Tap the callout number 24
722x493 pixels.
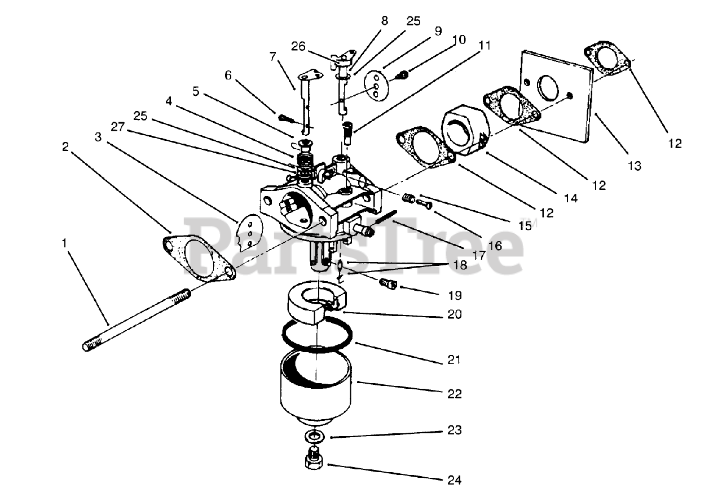[454, 480]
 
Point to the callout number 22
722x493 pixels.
[454, 394]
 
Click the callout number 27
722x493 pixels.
[118, 127]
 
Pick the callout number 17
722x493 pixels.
[479, 255]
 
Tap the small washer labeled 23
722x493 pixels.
[314, 437]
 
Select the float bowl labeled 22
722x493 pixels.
[316, 389]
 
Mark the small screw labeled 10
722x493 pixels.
[404, 74]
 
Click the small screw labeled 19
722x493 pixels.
[389, 283]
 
